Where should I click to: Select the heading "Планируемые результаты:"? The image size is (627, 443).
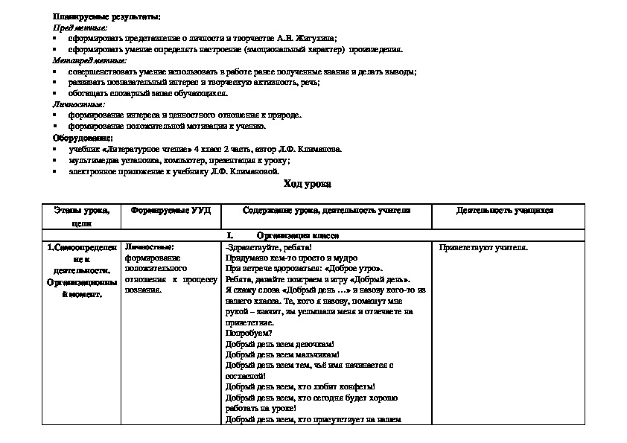106,16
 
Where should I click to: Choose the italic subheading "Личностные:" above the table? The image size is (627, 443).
78,104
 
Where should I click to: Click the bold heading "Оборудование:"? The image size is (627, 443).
83,138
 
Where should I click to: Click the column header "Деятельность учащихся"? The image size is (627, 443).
505,211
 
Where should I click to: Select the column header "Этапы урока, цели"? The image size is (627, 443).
82,217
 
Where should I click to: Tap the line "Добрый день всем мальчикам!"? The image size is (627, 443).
282,355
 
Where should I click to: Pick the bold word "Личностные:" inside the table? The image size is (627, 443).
150,246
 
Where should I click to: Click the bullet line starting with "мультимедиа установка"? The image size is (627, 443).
179,160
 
